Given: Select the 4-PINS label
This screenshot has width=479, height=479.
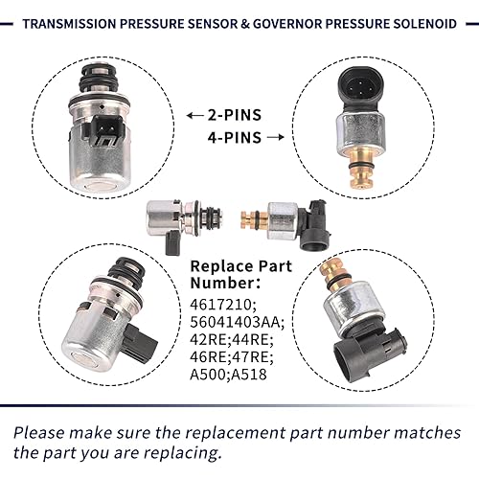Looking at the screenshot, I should pos(233,137).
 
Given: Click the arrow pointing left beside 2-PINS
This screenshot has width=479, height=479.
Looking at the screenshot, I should pos(193,114).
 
